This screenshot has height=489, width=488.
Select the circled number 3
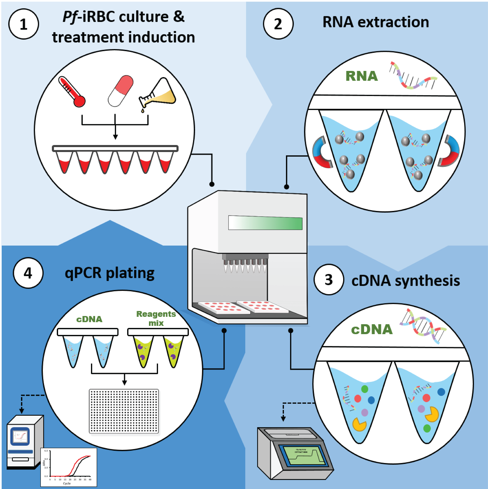[x=329, y=280]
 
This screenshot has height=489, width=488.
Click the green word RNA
[x=362, y=76]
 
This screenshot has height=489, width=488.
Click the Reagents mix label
[x=156, y=318]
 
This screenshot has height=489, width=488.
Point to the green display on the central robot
[x=265, y=223]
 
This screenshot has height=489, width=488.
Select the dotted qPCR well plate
[x=124, y=411]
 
